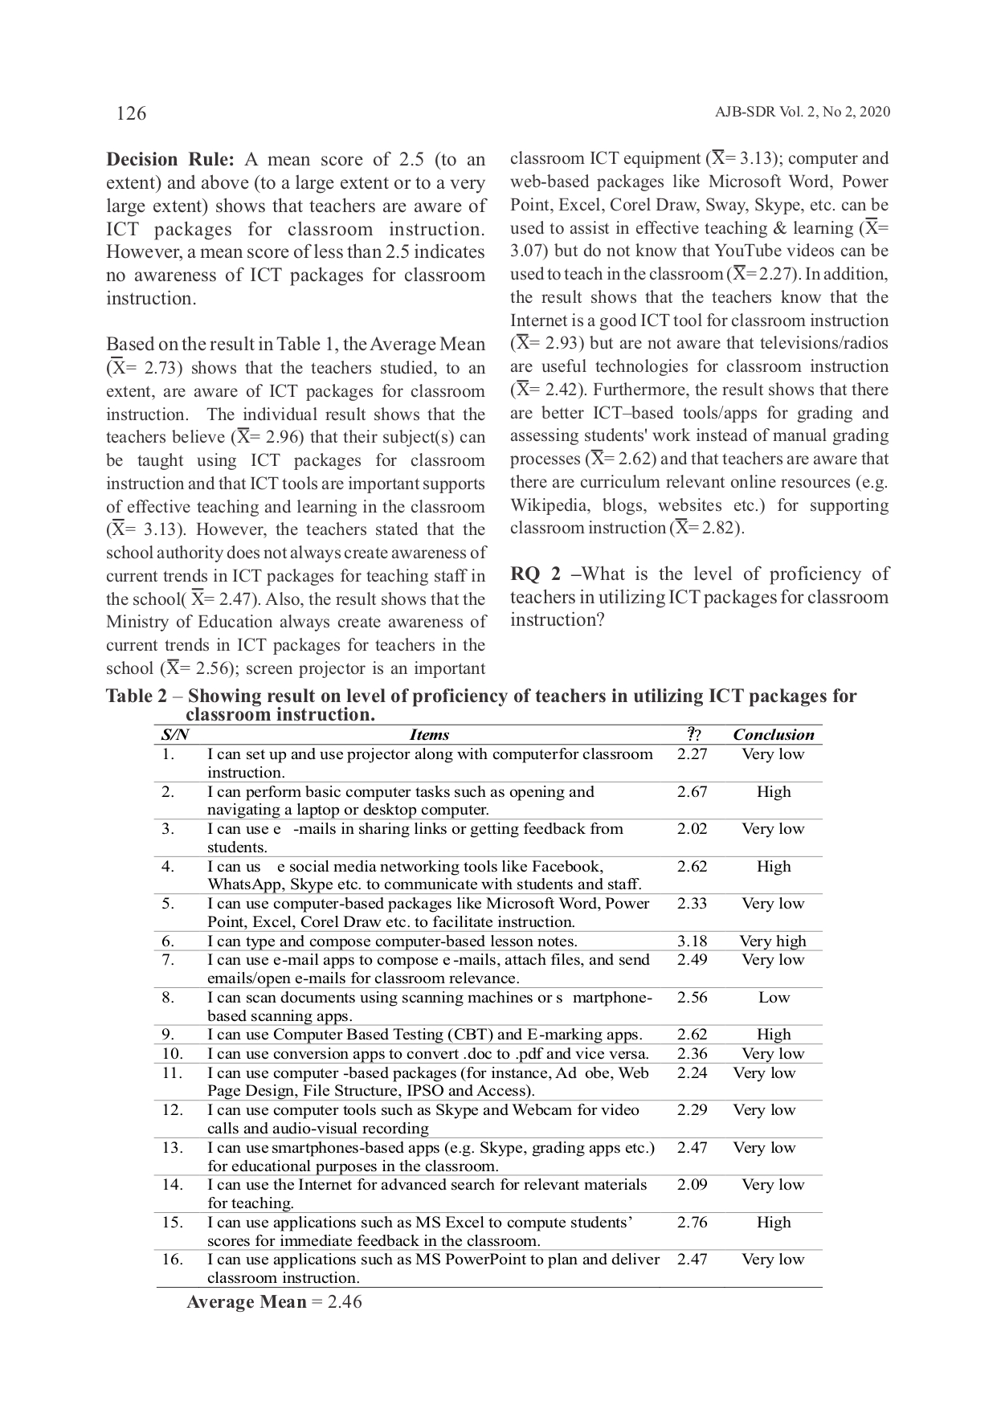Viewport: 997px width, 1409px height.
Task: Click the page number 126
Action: (131, 113)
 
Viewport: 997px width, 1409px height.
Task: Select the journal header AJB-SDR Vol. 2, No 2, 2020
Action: (802, 112)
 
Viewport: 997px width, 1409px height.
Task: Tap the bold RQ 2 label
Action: (535, 574)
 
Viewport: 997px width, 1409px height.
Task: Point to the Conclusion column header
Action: (773, 735)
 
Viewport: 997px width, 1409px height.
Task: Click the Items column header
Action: (429, 735)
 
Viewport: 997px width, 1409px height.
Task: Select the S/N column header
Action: (174, 735)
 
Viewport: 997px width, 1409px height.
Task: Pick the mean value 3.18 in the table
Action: (692, 941)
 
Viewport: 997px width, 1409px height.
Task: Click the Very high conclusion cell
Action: (772, 941)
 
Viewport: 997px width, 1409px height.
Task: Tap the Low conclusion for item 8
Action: (774, 998)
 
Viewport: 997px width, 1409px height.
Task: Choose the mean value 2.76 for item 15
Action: (692, 1223)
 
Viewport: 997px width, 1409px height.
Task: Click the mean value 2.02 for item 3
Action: (692, 829)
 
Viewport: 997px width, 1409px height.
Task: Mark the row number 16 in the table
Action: (172, 1260)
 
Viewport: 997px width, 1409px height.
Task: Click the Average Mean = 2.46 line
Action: (274, 1302)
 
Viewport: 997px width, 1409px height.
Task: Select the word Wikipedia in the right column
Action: (544, 506)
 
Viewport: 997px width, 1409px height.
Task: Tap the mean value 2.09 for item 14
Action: (692, 1185)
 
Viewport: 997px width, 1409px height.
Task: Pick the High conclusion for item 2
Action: (774, 792)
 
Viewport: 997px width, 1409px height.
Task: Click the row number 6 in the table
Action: (168, 941)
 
